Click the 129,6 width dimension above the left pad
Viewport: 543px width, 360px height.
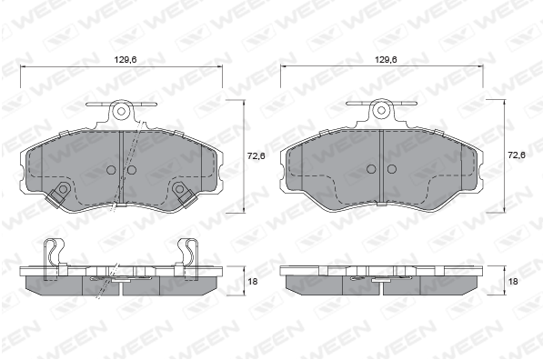pyautogui.click(x=126, y=59)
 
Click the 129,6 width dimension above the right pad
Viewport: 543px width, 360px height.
pyautogui.click(x=386, y=59)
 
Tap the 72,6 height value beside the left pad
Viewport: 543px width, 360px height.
pyautogui.click(x=256, y=156)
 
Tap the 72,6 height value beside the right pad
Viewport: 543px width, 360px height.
pyautogui.click(x=517, y=155)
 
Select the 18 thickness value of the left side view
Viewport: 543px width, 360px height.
pyautogui.click(x=253, y=282)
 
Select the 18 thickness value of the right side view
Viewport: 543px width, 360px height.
pyautogui.click(x=513, y=282)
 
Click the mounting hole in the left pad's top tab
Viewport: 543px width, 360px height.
pyautogui.click(x=121, y=111)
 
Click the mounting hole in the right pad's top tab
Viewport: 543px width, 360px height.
pyautogui.click(x=381, y=111)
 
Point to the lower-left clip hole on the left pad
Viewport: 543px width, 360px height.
pyautogui.click(x=63, y=189)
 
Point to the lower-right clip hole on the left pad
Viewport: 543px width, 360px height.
pyautogui.click(x=179, y=189)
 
